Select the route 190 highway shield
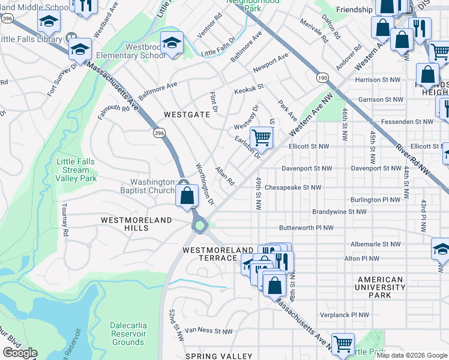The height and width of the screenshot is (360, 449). coord(322,77)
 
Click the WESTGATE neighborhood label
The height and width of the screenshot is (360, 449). coord(187,114)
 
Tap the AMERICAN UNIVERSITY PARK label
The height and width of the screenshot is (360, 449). coord(380,287)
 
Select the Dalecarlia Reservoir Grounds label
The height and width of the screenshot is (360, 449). coord(128,334)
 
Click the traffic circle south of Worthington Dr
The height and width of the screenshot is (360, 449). coord(199,226)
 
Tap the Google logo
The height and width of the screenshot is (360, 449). coord(20,353)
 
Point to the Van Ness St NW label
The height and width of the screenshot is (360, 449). coord(208,331)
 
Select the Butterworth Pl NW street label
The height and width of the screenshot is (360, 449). coord(306,228)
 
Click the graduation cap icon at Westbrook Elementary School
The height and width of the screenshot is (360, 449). coord(172,43)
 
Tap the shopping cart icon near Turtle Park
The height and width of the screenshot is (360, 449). coord(343,344)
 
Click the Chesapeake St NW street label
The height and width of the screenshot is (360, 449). coord(292,187)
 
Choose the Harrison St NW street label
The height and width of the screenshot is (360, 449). coord(376,80)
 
